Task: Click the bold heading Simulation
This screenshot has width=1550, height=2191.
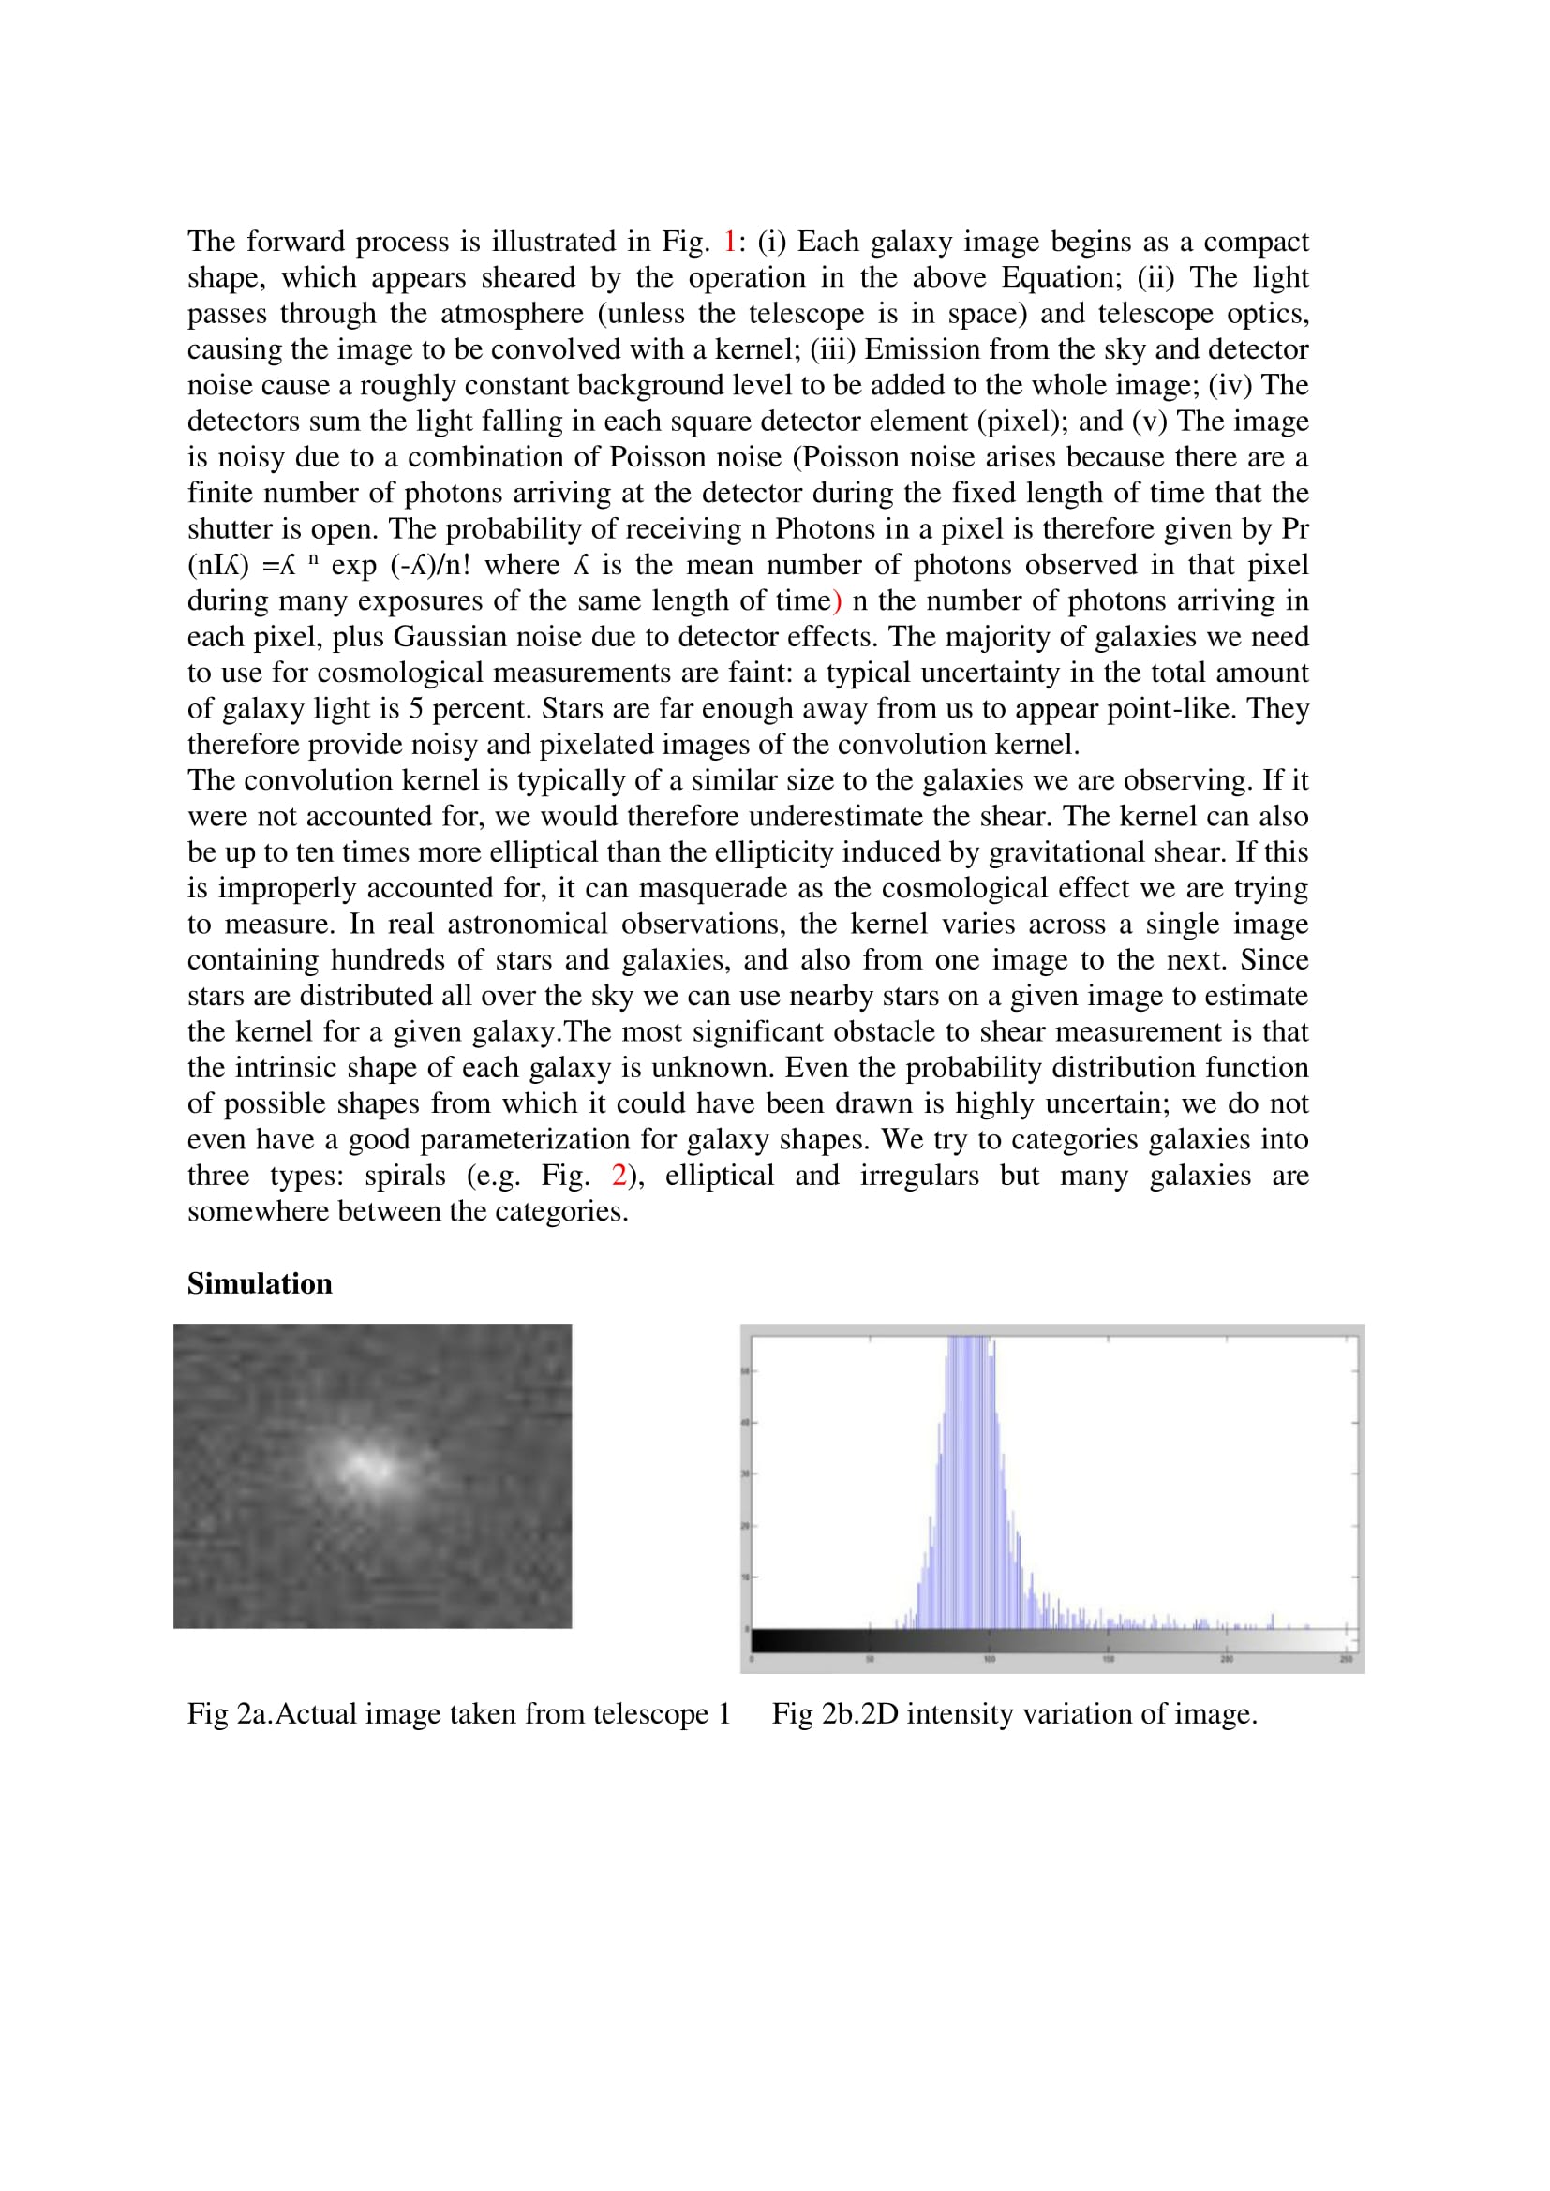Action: click(x=259, y=1284)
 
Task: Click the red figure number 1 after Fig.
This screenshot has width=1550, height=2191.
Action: click(x=730, y=243)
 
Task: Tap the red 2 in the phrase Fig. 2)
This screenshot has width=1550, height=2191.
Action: click(x=619, y=1176)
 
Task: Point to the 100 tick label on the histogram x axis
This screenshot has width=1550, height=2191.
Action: click(x=989, y=1660)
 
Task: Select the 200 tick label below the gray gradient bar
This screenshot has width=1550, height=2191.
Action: click(x=1227, y=1660)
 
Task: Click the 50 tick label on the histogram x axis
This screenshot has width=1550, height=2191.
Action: click(x=870, y=1660)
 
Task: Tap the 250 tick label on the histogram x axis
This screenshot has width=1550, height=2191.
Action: click(x=1346, y=1660)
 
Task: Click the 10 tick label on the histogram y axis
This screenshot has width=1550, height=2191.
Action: click(x=745, y=1577)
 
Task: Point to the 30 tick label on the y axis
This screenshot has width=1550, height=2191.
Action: click(x=745, y=1473)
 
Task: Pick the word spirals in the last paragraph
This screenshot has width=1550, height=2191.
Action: click(x=405, y=1176)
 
